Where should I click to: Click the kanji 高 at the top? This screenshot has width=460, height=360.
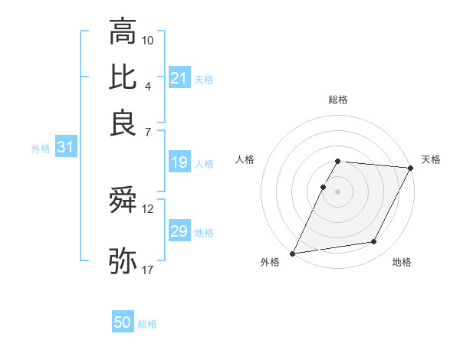123,32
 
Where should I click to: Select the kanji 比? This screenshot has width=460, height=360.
123,77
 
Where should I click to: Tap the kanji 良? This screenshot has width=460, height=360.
123,123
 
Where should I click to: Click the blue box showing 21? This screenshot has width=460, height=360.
179,78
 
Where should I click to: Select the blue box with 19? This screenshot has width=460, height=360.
179,162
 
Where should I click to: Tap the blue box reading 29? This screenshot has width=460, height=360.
179,231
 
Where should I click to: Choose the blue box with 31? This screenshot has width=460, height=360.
65,148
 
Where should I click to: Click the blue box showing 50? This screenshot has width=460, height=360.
123,323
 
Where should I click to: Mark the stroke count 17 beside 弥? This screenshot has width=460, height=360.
148,270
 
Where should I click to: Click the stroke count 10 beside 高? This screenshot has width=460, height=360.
148,39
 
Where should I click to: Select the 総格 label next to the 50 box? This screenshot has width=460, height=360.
147,324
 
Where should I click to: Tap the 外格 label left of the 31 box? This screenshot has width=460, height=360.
41,149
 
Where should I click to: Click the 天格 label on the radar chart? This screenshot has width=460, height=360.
431,159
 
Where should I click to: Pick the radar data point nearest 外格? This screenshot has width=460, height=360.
293,253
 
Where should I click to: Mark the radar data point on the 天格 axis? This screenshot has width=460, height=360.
411,168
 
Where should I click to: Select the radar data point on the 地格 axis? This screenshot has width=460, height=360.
374,242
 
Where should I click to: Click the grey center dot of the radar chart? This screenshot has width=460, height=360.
337,191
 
